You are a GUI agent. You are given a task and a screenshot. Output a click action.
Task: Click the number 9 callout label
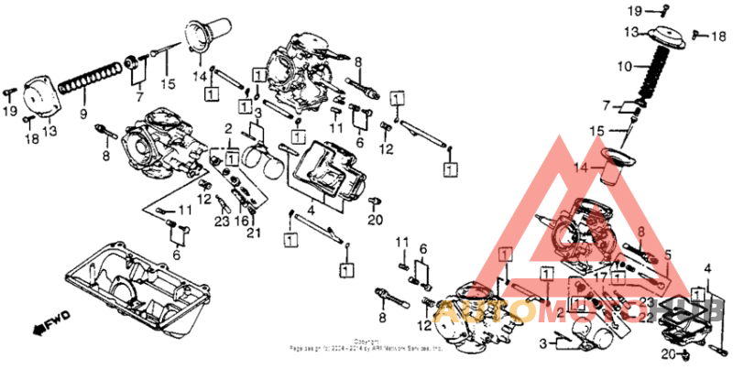[82, 115]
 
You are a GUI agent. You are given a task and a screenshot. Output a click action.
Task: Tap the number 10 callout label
[624, 67]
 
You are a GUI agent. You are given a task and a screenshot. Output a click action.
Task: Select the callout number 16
[241, 221]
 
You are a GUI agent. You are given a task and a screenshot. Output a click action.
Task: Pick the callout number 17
[601, 275]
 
